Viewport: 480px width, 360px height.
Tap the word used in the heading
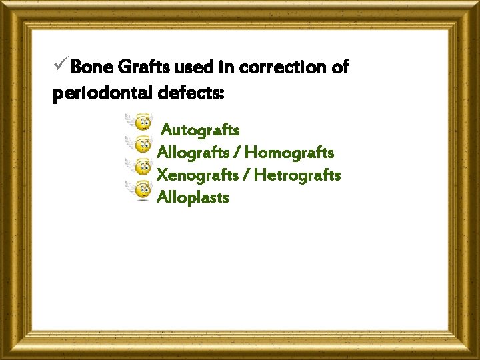pos(194,67)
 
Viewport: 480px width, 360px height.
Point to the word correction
pos(283,67)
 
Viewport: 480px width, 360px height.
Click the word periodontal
pos(103,94)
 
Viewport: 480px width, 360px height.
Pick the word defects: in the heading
pos(192,94)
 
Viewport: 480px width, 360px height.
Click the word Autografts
pos(201,129)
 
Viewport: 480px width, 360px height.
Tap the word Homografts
pos(289,153)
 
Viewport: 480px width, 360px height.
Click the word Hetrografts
pos(297,175)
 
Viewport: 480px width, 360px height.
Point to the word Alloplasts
pos(193,197)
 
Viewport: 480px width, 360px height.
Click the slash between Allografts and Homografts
pos(237,153)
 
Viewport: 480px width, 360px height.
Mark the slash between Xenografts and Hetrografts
pos(247,176)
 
